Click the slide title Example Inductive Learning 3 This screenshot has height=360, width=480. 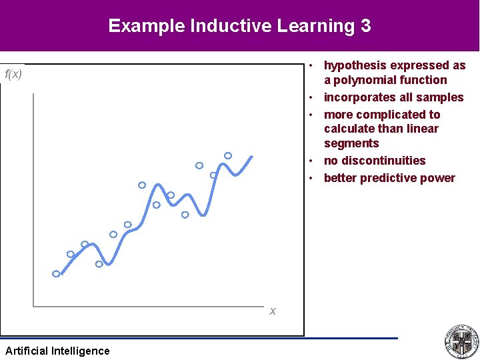(x=239, y=26)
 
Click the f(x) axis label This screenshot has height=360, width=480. (x=13, y=74)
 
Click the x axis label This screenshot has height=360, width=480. (x=273, y=311)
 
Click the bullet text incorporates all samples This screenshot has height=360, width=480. (x=393, y=97)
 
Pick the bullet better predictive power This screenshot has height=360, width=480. (x=389, y=178)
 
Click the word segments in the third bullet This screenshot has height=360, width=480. (x=351, y=143)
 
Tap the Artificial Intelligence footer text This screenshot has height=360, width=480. (x=57, y=351)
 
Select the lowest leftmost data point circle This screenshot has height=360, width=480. (x=56, y=274)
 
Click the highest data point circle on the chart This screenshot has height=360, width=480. (x=228, y=155)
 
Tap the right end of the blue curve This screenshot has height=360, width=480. (x=251, y=157)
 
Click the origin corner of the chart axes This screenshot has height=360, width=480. (x=33, y=307)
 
